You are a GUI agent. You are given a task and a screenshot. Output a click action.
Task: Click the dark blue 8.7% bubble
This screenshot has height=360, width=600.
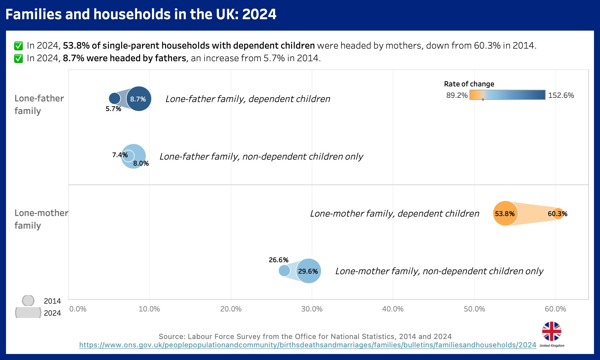pyautogui.click(x=139, y=99)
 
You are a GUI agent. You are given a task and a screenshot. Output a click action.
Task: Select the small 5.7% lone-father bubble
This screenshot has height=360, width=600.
pyautogui.click(x=114, y=98)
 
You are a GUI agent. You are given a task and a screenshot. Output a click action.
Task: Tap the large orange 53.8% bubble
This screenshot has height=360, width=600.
pyautogui.click(x=505, y=213)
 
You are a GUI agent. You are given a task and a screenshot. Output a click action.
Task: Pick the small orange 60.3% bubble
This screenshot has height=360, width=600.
pyautogui.click(x=558, y=213)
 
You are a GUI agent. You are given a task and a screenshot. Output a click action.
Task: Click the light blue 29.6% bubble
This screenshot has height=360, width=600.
pyautogui.click(x=308, y=271)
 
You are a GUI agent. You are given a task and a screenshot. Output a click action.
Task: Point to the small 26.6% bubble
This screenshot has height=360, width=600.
pyautogui.click(x=284, y=270)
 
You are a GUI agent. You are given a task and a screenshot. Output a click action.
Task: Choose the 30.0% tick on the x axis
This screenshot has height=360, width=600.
pyautogui.click(x=312, y=309)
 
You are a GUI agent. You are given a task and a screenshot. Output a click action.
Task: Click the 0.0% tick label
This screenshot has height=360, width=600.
pyautogui.click(x=78, y=309)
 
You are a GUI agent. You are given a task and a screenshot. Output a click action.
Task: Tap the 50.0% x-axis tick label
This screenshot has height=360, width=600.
pyautogui.click(x=474, y=309)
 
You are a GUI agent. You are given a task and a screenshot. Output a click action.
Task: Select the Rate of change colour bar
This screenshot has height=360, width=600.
pyautogui.click(x=507, y=95)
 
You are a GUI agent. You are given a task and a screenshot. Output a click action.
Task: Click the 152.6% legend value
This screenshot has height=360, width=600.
pyautogui.click(x=561, y=95)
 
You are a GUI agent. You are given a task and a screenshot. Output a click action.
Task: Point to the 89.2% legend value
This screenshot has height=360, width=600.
pyautogui.click(x=457, y=95)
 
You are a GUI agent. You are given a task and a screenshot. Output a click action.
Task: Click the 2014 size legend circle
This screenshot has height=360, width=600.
pyautogui.click(x=28, y=300)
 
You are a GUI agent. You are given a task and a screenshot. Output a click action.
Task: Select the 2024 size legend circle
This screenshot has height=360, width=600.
pyautogui.click(x=28, y=313)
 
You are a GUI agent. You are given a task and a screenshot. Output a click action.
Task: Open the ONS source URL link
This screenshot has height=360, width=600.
pyautogui.click(x=307, y=345)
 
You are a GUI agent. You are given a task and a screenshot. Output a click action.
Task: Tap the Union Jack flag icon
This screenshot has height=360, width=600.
pyautogui.click(x=551, y=331)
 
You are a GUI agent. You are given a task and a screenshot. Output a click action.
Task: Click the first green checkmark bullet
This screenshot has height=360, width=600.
pyautogui.click(x=19, y=46)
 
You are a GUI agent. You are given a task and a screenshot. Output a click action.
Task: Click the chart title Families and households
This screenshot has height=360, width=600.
pyautogui.click(x=141, y=14)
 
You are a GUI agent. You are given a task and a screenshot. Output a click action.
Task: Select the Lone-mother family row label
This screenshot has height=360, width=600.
pyautogui.click(x=41, y=219)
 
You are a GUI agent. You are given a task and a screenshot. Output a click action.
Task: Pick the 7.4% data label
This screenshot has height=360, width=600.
pyautogui.click(x=120, y=155)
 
